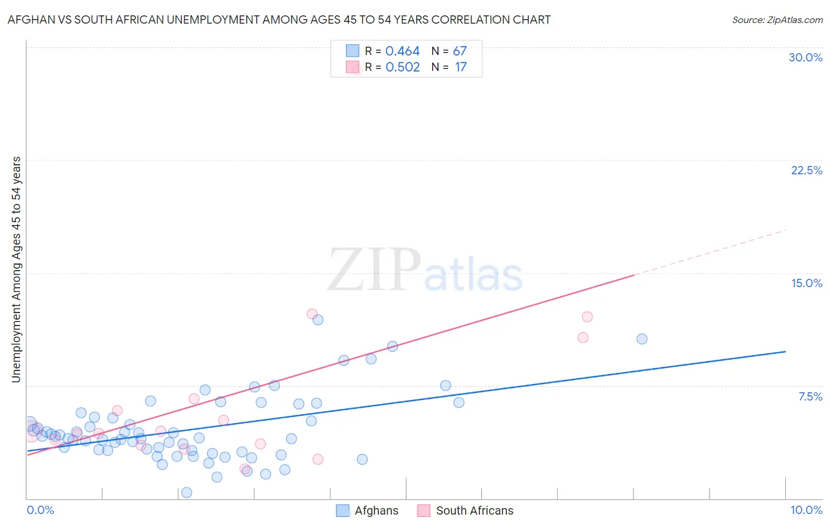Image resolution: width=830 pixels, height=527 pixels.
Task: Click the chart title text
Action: pyautogui.click(x=279, y=19)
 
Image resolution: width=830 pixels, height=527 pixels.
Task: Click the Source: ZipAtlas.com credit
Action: pyautogui.click(x=777, y=19)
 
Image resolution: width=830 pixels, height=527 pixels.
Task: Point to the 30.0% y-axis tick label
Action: pyautogui.click(x=805, y=57)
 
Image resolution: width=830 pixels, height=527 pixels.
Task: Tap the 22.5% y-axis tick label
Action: pyautogui.click(x=806, y=170)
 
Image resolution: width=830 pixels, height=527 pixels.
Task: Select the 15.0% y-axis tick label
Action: pyautogui.click(x=806, y=283)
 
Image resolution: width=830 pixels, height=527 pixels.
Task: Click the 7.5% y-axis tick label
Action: pyautogui.click(x=810, y=396)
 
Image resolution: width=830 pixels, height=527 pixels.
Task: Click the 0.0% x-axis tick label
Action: pyautogui.click(x=40, y=510)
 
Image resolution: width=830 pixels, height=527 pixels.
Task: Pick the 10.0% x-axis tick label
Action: pyautogui.click(x=806, y=510)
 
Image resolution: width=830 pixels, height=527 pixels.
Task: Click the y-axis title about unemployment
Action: pyautogui.click(x=16, y=269)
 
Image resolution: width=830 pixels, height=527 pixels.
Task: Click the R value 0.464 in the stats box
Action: pyautogui.click(x=402, y=51)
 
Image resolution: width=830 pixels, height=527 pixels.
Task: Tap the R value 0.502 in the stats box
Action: pyautogui.click(x=402, y=67)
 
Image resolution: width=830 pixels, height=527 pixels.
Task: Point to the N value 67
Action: pyautogui.click(x=459, y=51)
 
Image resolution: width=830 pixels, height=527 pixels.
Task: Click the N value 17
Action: pyautogui.click(x=460, y=67)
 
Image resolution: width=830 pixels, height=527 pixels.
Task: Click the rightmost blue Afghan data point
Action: pyautogui.click(x=642, y=339)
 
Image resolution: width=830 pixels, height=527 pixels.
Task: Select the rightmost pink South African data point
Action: pyautogui.click(x=587, y=317)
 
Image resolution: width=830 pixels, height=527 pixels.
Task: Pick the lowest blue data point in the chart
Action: pyautogui.click(x=187, y=493)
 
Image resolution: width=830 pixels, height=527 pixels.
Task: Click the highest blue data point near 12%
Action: pyautogui.click(x=318, y=320)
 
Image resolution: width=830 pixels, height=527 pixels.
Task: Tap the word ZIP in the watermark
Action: pyautogui.click(x=374, y=269)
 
